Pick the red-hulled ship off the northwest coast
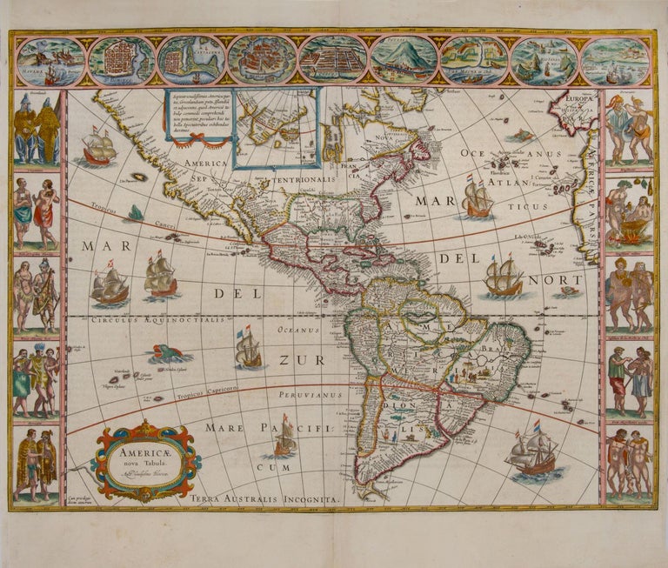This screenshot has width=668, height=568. [x=98, y=148]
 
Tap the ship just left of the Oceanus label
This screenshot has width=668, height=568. [x=248, y=347]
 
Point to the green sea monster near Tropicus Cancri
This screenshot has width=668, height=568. [x=136, y=212]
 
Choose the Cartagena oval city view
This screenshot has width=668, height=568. [x=192, y=59]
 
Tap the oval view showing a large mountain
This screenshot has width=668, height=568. [x=404, y=59]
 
